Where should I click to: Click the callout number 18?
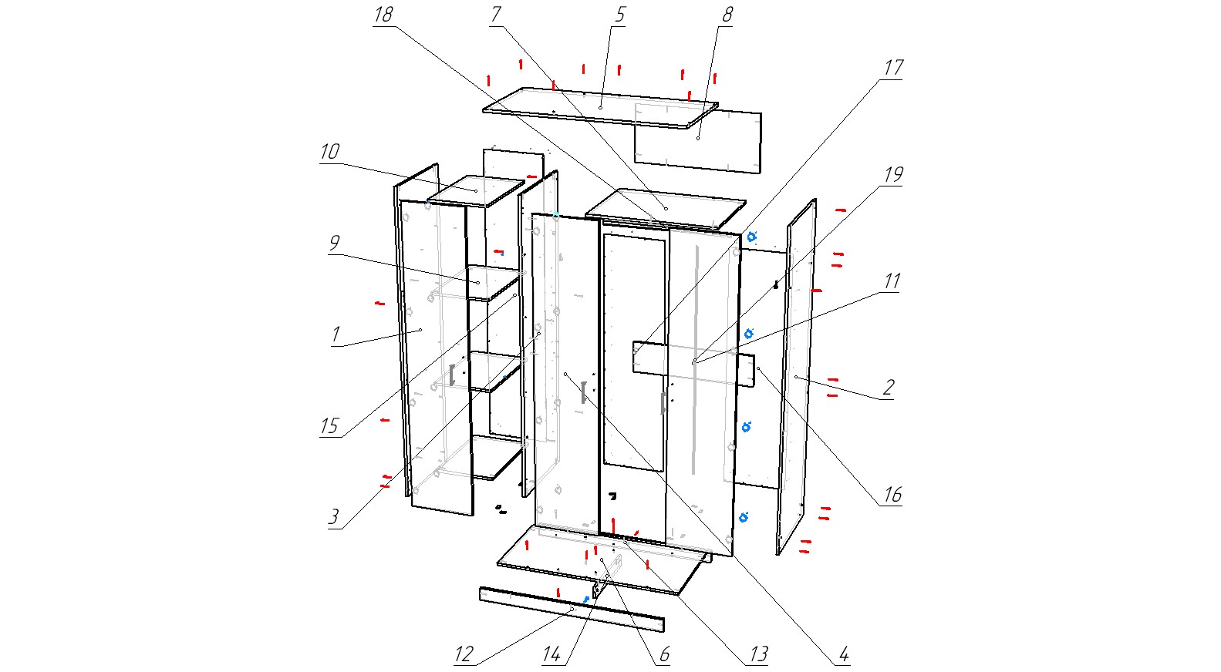pyautogui.click(x=383, y=15)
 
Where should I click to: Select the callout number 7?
pyautogui.click(x=496, y=15)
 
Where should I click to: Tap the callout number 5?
pyautogui.click(x=619, y=15)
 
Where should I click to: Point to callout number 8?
pyautogui.click(x=727, y=15)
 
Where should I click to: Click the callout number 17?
pyautogui.click(x=893, y=68)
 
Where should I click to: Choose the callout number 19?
pyautogui.click(x=893, y=175)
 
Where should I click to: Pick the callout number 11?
pyautogui.click(x=892, y=281)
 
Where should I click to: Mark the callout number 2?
pyautogui.click(x=889, y=387)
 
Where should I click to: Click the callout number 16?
pyautogui.click(x=892, y=495)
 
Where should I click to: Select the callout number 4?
pyautogui.click(x=844, y=655)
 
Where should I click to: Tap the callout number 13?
pyautogui.click(x=759, y=655)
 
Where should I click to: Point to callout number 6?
pyautogui.click(x=664, y=655)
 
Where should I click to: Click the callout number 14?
pyautogui.click(x=551, y=655)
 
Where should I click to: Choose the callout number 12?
pyautogui.click(x=463, y=655)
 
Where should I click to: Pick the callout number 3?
pyautogui.click(x=333, y=517)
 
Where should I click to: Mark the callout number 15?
pyautogui.click(x=329, y=426)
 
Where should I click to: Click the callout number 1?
pyautogui.click(x=336, y=335)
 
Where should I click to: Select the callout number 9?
pyautogui.click(x=334, y=244)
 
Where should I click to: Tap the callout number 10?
pyautogui.click(x=329, y=152)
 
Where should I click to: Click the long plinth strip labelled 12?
pyautogui.click(x=571, y=609)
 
